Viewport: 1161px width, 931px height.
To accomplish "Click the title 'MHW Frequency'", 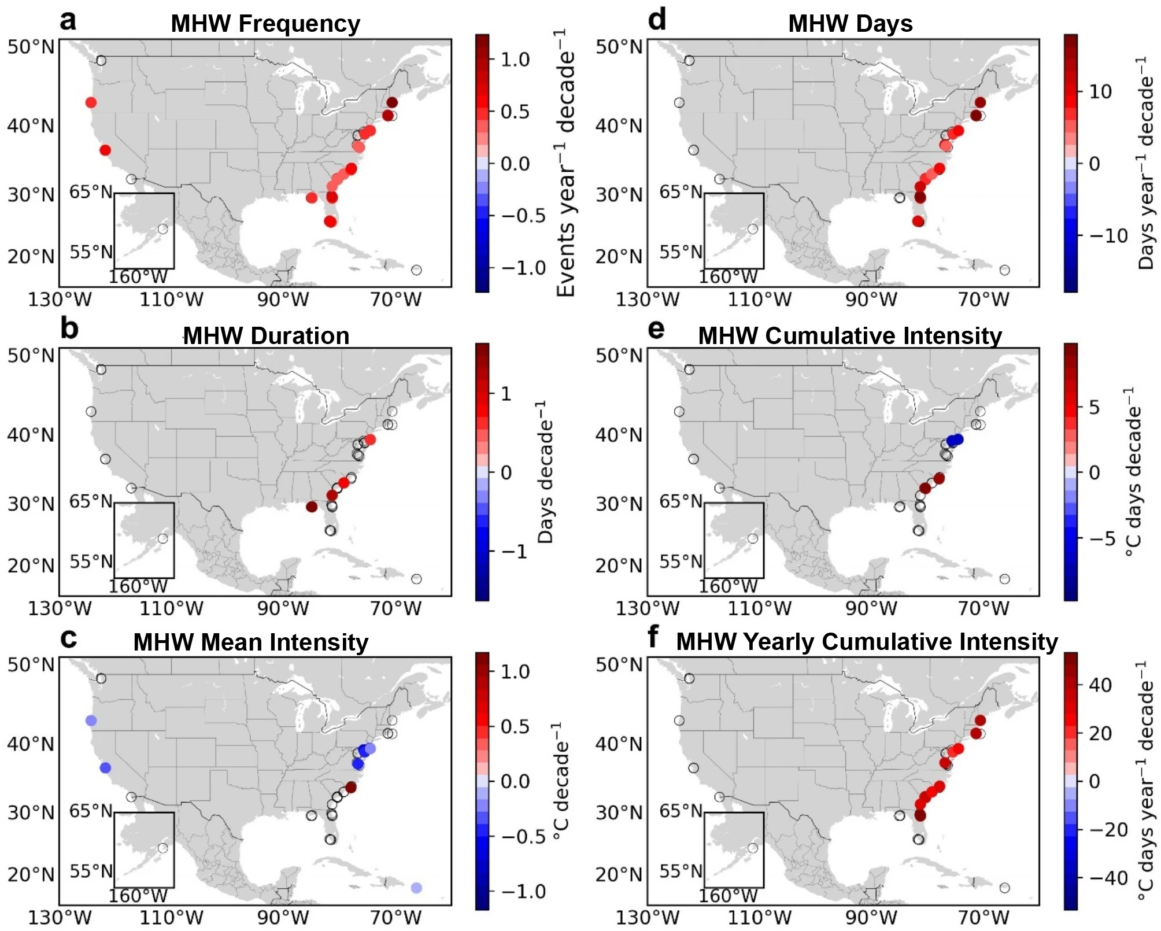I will (x=265, y=24).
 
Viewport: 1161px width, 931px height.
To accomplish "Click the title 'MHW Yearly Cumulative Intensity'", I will (x=867, y=642).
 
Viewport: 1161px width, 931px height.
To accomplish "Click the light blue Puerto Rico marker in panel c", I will (x=416, y=888).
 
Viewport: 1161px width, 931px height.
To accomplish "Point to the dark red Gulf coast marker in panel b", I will (x=312, y=507).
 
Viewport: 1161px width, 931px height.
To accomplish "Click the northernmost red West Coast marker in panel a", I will (x=91, y=102).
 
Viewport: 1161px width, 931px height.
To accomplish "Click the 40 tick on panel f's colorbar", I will (x=1100, y=685).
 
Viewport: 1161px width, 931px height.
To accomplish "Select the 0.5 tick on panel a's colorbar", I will (x=515, y=112).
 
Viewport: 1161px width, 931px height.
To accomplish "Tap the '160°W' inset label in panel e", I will (x=727, y=586).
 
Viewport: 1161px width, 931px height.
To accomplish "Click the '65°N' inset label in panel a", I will (x=91, y=192).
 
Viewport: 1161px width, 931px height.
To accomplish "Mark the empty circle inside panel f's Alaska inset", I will (x=752, y=848).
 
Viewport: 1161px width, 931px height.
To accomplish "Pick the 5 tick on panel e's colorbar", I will (x=1094, y=407).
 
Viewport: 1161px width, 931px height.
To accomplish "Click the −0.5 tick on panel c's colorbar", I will (x=523, y=836).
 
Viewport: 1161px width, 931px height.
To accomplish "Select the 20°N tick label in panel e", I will (x=619, y=565).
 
